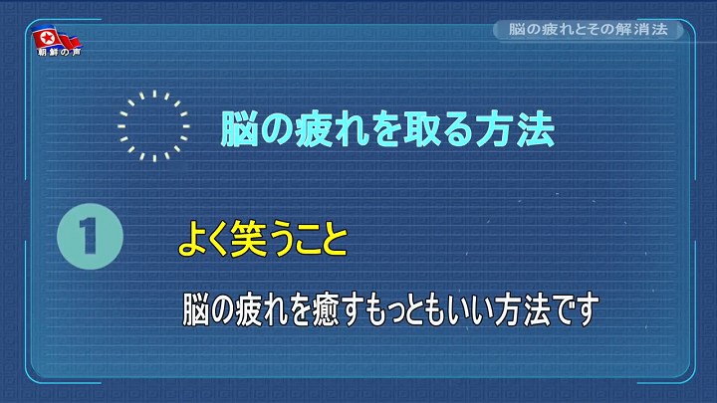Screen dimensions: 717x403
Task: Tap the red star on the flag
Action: [x=46, y=38]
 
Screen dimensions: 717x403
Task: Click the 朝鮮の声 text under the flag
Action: [x=59, y=52]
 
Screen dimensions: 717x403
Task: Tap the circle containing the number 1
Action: [x=90, y=236]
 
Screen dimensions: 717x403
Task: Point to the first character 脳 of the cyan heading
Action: [x=238, y=129]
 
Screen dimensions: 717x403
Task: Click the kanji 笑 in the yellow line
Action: [x=248, y=238]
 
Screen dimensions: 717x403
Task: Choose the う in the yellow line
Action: [x=281, y=239]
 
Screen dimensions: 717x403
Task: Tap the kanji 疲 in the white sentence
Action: [x=248, y=310]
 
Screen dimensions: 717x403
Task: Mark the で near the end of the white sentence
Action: [x=564, y=310]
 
